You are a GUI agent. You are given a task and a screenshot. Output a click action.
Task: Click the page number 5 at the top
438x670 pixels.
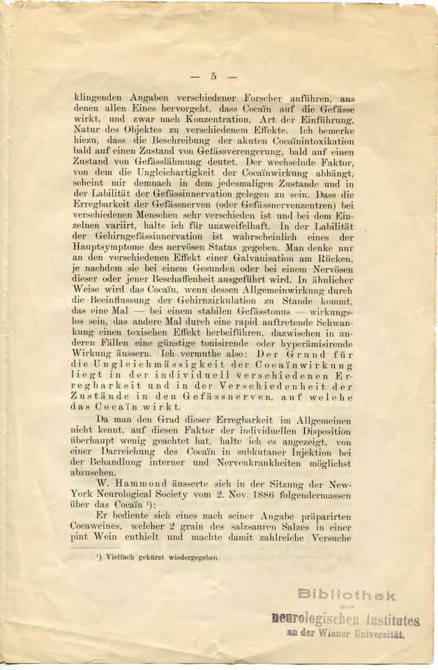pos(214,76)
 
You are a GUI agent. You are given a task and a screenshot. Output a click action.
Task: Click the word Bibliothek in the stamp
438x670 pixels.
pos(347,595)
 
